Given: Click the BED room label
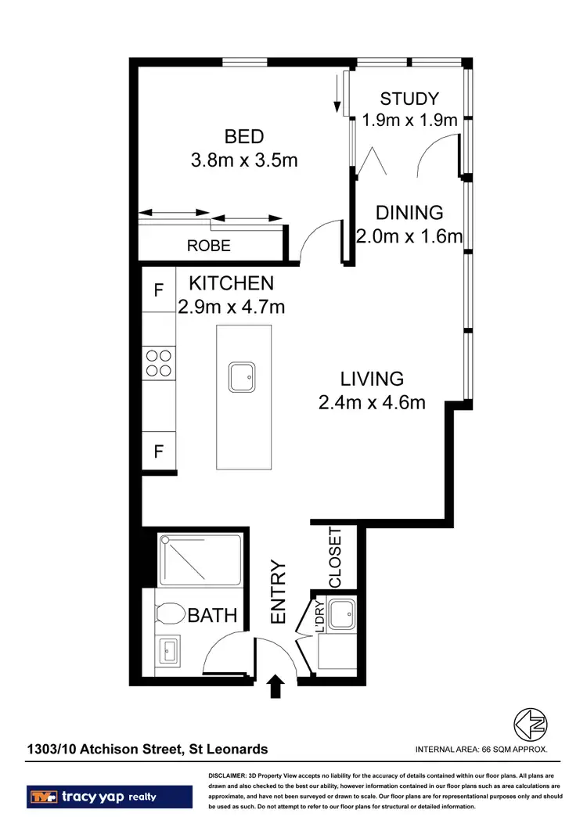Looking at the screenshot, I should (244, 136).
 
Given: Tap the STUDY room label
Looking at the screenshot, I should (409, 99).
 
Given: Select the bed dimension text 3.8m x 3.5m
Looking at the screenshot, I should (244, 160).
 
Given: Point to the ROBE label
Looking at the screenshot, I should (209, 246).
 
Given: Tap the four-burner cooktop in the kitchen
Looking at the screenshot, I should (159, 362).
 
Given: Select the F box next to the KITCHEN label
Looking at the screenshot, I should (158, 290).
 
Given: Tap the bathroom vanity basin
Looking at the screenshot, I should (170, 649).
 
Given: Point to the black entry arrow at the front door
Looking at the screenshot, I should (275, 687).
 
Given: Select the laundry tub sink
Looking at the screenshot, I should (341, 615).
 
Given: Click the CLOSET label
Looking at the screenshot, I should (336, 558).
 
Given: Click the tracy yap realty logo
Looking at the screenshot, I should (110, 797).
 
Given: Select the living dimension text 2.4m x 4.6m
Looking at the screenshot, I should (372, 403).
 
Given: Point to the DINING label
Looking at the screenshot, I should (409, 212).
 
